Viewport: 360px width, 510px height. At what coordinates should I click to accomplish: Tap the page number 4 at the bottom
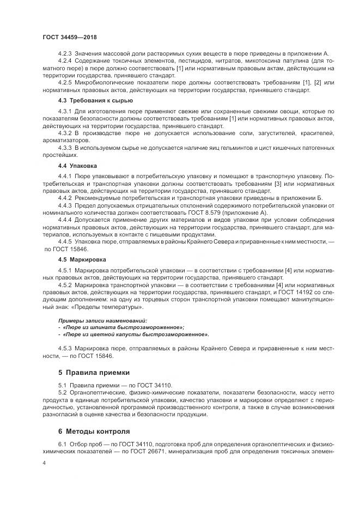pyautogui.click(x=44, y=463)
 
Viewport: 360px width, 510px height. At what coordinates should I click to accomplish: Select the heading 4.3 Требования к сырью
pyautogui.click(x=88, y=101)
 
